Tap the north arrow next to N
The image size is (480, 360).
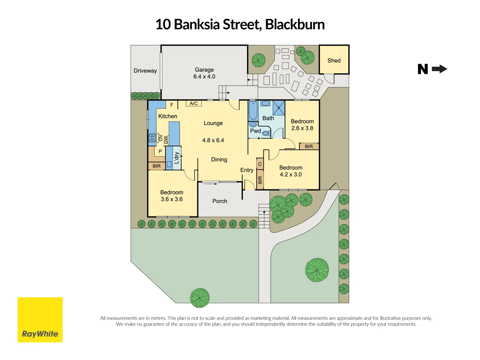pyautogui.click(x=439, y=69)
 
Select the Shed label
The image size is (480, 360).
pyautogui.click(x=334, y=60)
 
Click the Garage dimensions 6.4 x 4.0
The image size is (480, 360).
pyautogui.click(x=204, y=77)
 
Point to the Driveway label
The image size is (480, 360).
pyautogui.click(x=145, y=71)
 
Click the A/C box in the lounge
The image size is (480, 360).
pyautogui.click(x=193, y=103)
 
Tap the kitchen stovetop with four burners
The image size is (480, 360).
pyautogui.click(x=152, y=138)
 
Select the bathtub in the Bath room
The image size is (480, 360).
pyautogui.click(x=253, y=111)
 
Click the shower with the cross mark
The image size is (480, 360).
pyautogui.click(x=279, y=108)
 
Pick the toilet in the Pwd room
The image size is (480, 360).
pyautogui.click(x=266, y=133)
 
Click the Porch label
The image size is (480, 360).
pyautogui.click(x=220, y=201)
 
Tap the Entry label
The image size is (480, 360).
pyautogui.click(x=247, y=170)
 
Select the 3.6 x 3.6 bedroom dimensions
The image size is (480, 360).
pyautogui.click(x=172, y=199)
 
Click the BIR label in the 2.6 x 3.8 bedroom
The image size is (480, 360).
pyautogui.click(x=309, y=146)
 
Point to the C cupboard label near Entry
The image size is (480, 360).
pyautogui.click(x=260, y=164)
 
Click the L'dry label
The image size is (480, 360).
pyautogui.click(x=177, y=158)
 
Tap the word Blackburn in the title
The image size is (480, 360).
pyautogui.click(x=295, y=24)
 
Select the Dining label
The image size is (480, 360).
pyautogui.click(x=219, y=159)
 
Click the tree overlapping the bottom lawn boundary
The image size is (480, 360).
pyautogui.click(x=200, y=298)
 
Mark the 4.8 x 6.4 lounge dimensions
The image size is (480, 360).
pyautogui.click(x=213, y=140)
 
